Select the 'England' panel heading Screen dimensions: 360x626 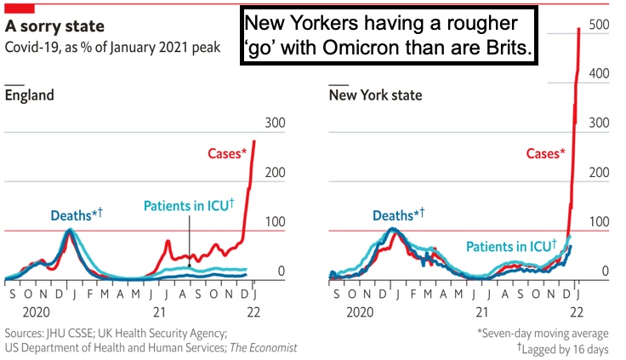pyautogui.click(x=30, y=94)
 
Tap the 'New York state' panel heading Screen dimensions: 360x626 pyautogui.click(x=375, y=94)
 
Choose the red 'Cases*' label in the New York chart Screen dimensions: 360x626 pyautogui.click(x=544, y=154)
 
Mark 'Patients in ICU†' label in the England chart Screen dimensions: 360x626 pyautogui.click(x=189, y=206)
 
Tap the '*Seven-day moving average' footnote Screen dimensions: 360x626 pyautogui.click(x=542, y=332)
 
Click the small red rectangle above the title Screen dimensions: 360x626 pyautogui.click(x=20, y=8)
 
